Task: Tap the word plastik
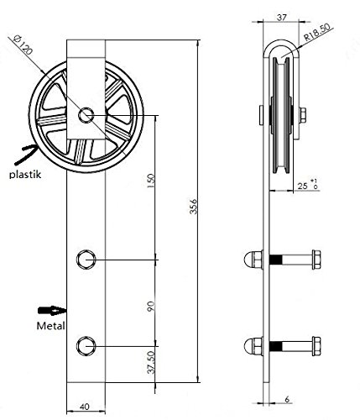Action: pos(25,175)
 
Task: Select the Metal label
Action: pos(50,326)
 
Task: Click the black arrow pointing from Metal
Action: pos(52,311)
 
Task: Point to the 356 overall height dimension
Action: pos(193,207)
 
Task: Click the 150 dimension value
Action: pos(150,181)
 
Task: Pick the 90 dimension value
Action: pos(150,307)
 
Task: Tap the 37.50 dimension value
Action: pos(151,363)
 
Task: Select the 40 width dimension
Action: pos(84,407)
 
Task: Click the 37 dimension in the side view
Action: pos(281,18)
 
